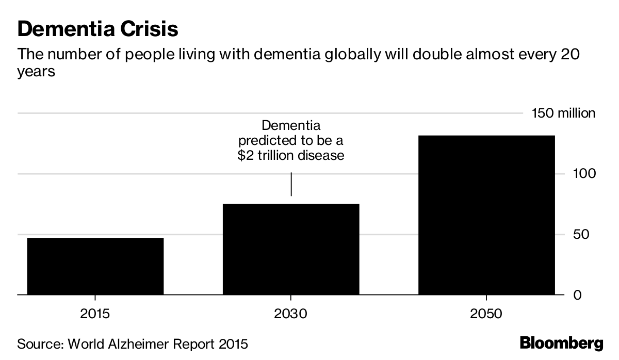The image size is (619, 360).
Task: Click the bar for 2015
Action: click(x=95, y=266)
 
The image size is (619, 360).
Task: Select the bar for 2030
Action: click(x=291, y=249)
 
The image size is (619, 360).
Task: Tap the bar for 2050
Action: click(x=486, y=215)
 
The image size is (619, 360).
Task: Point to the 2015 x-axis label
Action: click(x=95, y=314)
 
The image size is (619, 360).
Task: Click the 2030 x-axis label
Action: click(x=291, y=314)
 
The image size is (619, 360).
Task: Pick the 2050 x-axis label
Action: click(x=486, y=314)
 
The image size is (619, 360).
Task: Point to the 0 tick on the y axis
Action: click(x=579, y=295)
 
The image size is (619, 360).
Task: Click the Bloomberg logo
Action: click(x=561, y=343)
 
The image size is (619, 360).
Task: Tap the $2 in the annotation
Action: click(x=245, y=155)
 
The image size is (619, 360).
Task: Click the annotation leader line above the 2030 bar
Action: click(x=291, y=184)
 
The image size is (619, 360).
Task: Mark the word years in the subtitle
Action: click(x=36, y=72)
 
